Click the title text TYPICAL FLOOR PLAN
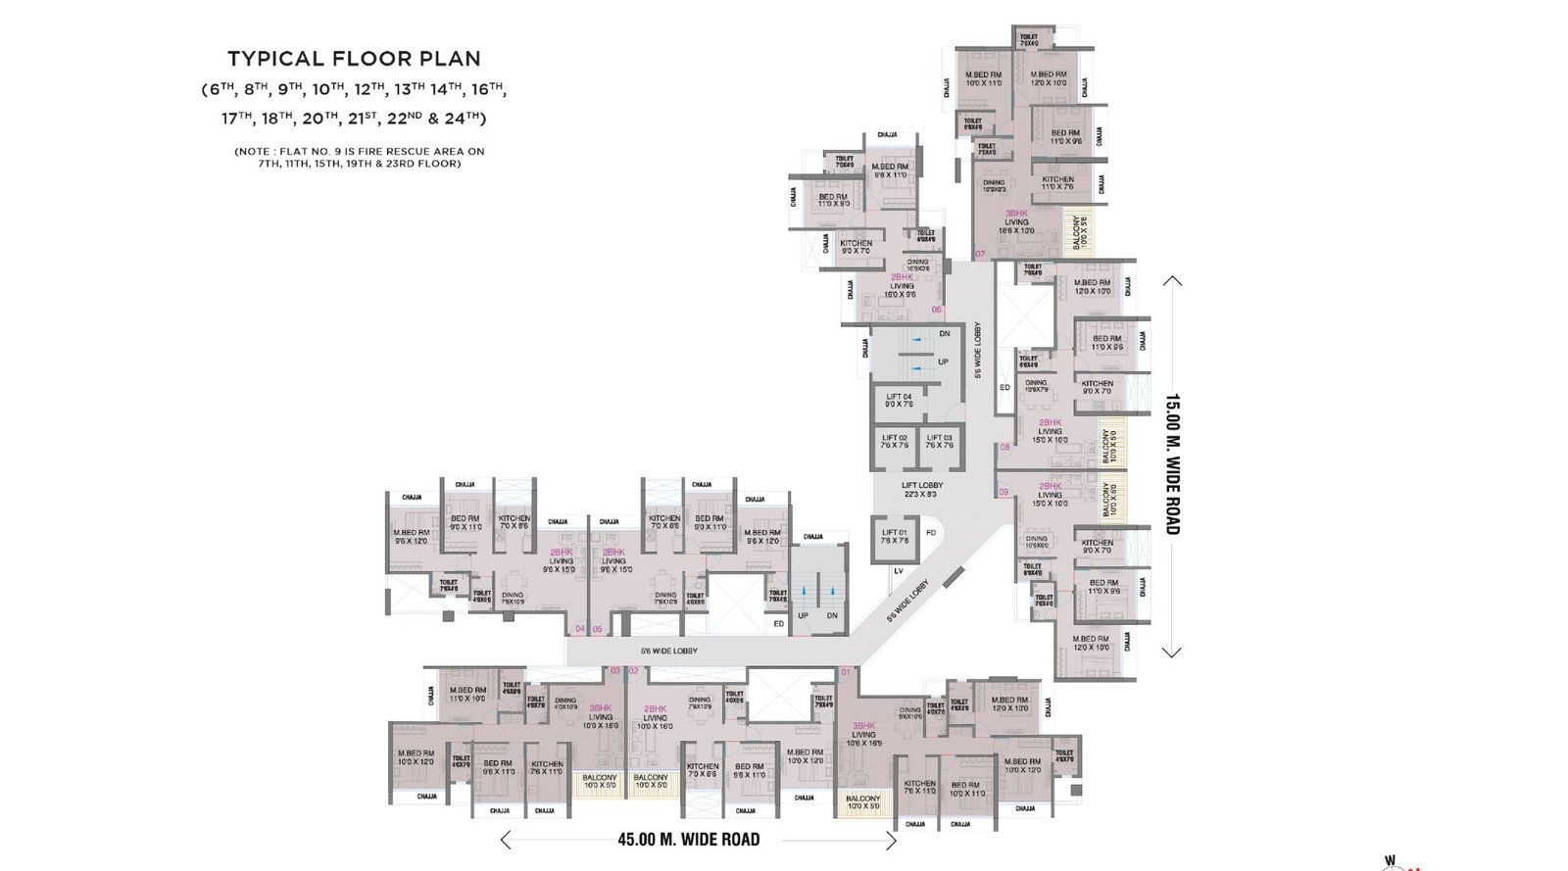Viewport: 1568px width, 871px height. coord(354,59)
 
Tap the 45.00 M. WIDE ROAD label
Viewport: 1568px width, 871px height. coord(688,840)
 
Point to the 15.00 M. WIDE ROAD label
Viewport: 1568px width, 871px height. coord(1172,464)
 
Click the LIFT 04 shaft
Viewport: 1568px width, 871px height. coord(899,400)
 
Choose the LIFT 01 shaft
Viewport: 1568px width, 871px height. coord(895,537)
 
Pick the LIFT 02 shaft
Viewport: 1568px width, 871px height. coord(894,442)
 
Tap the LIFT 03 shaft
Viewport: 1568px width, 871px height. coord(939,442)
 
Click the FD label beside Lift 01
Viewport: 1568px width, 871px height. coord(931,533)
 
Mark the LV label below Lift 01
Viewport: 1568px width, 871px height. coord(898,570)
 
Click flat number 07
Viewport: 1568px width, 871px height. coord(980,254)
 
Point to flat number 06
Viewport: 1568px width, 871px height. coord(936,310)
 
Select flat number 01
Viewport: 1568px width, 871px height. coord(847,672)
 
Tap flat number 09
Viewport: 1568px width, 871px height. coord(1004,492)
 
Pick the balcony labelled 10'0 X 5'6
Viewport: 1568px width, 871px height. coord(1078,231)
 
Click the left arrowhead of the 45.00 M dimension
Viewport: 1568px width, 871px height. coord(505,840)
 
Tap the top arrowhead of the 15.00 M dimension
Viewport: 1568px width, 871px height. coord(1172,281)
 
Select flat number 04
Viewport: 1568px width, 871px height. coord(580,629)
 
